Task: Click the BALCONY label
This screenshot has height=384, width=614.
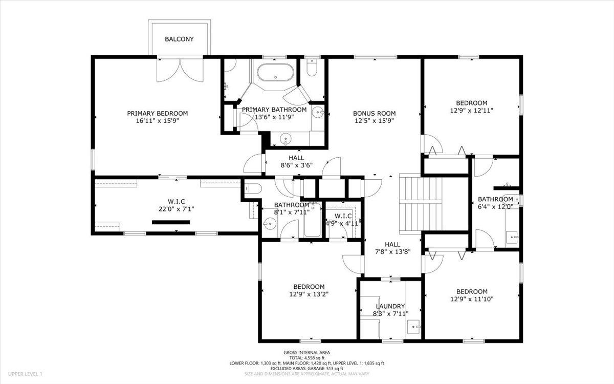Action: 179,39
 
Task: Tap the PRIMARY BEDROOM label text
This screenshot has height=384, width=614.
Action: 158,114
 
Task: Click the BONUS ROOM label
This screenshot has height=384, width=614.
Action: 375,114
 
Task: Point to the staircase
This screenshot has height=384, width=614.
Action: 420,203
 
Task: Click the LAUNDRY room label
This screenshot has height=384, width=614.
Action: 390,306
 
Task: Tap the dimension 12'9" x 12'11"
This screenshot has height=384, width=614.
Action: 472,110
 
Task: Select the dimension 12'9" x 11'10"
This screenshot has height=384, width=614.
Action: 472,299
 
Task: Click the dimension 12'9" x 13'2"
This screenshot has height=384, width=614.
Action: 309,294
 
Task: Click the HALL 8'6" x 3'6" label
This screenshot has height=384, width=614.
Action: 296,165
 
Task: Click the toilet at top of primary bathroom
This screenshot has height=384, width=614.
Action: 312,68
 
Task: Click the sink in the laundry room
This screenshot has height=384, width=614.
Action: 413,325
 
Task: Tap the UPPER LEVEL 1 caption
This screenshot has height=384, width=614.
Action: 25,374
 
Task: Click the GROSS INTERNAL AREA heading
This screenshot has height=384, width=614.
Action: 307,352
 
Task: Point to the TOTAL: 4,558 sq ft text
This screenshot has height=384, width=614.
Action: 307,358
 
